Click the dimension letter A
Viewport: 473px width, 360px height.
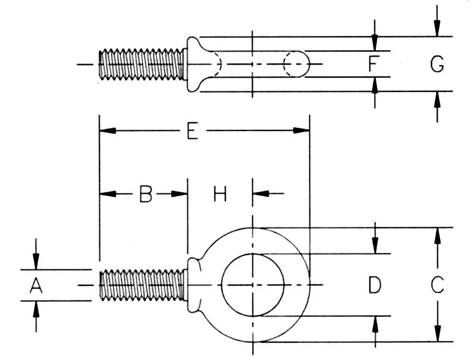coord(36,286)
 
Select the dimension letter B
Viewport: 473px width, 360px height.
coord(146,194)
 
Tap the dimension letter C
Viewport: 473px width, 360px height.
coord(437,285)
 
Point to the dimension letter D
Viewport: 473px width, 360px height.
coord(375,285)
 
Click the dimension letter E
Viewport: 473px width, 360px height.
coord(193,131)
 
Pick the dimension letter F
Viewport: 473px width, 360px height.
coord(373,63)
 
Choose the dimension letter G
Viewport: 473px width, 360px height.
coord(437,64)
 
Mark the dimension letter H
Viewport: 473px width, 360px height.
coord(220,194)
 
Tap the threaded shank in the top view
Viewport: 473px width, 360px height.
coord(142,64)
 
